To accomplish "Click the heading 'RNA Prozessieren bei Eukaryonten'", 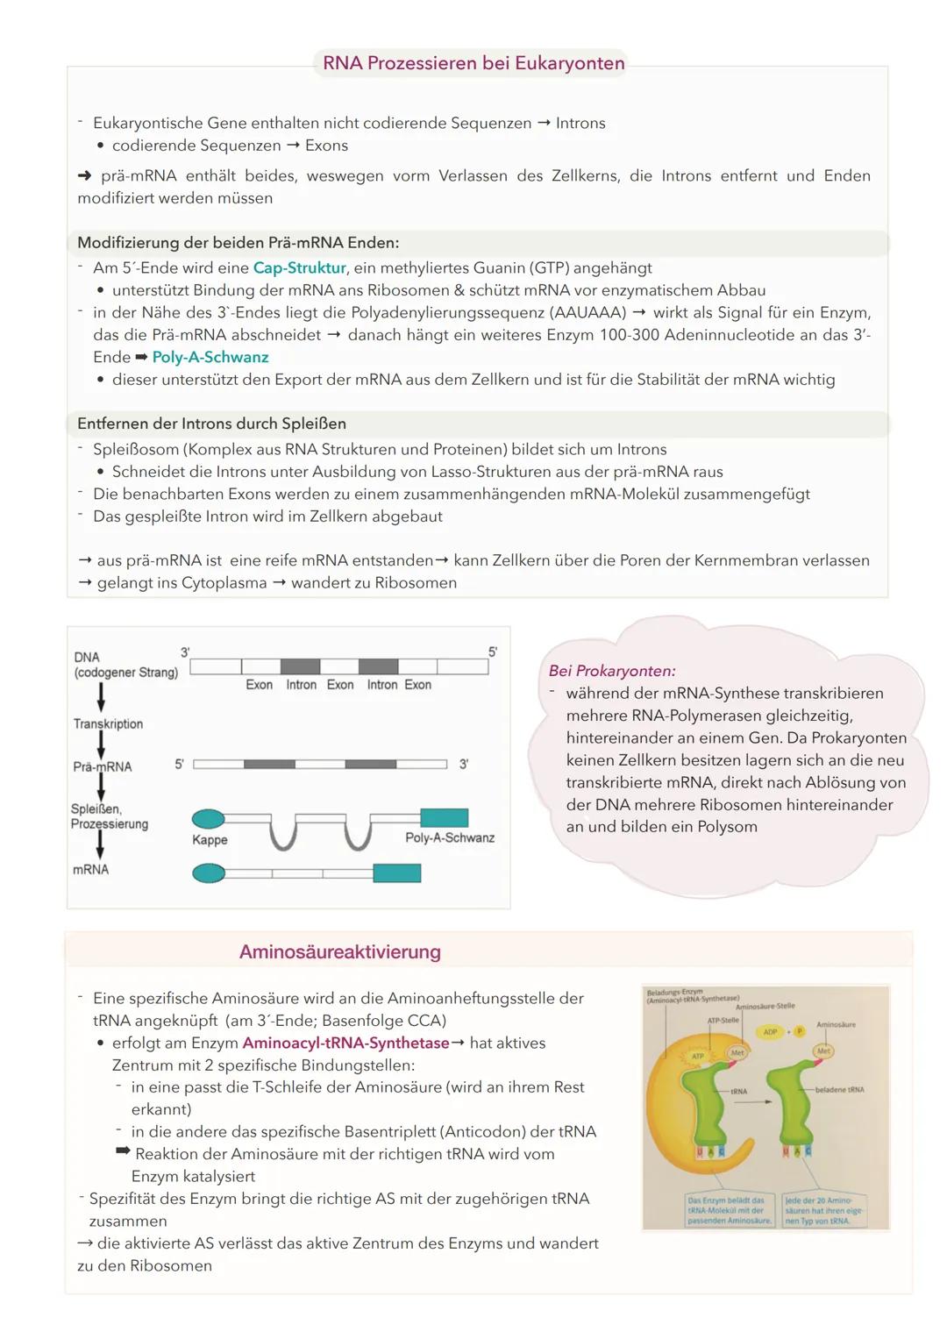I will pos(473,63).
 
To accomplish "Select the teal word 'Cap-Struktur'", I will pos(299,267).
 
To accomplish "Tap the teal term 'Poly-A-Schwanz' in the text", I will pos(210,357).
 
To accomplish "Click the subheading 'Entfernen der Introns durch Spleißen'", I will pos(211,424).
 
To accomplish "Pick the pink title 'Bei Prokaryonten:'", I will pos(612,671).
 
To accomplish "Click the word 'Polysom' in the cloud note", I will pos(727,827).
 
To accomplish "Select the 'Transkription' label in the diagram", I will pos(108,723).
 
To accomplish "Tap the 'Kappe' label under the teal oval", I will pos(210,839).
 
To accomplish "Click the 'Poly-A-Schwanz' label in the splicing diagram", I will pos(449,837).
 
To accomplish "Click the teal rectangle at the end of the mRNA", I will pos(396,872).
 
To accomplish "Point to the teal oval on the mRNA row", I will pos(208,872).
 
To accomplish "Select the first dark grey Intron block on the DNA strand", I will pos(300,666).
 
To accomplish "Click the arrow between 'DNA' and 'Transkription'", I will pos(102,697).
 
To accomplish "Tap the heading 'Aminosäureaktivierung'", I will pos(339,952).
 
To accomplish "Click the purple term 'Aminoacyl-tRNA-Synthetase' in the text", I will pos(345,1043).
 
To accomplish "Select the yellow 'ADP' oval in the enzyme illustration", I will pos(771,1032).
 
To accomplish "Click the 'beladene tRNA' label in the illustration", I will pos(839,1089).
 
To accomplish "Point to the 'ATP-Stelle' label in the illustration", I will pos(723,1021).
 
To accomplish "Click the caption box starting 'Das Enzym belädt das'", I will pos(729,1210).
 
